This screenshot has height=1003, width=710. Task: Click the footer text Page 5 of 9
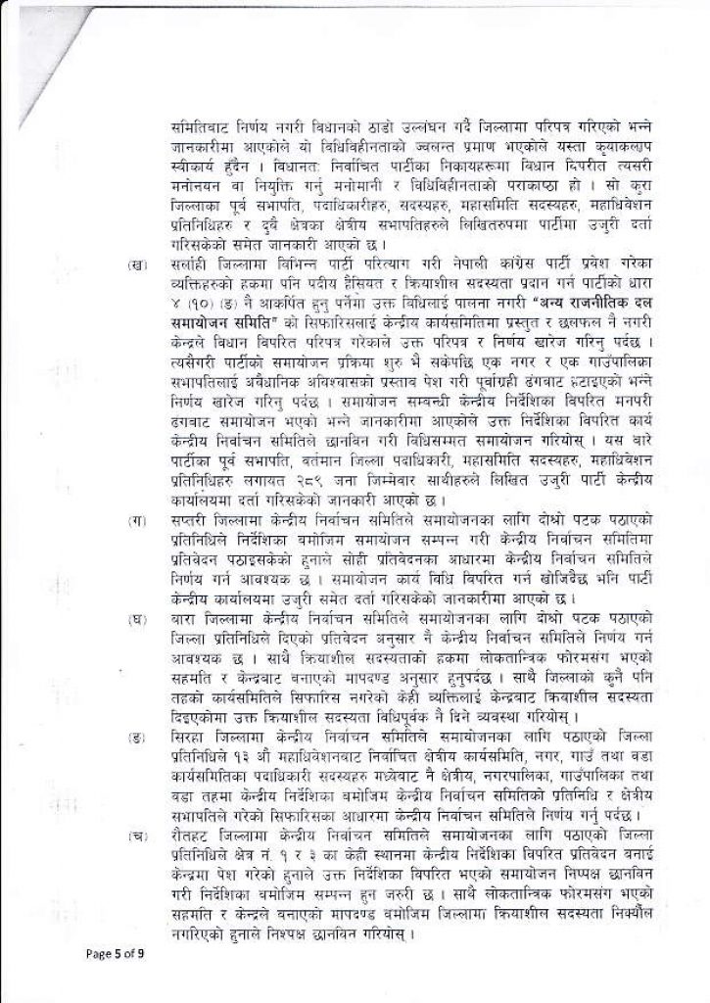point(115,950)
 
